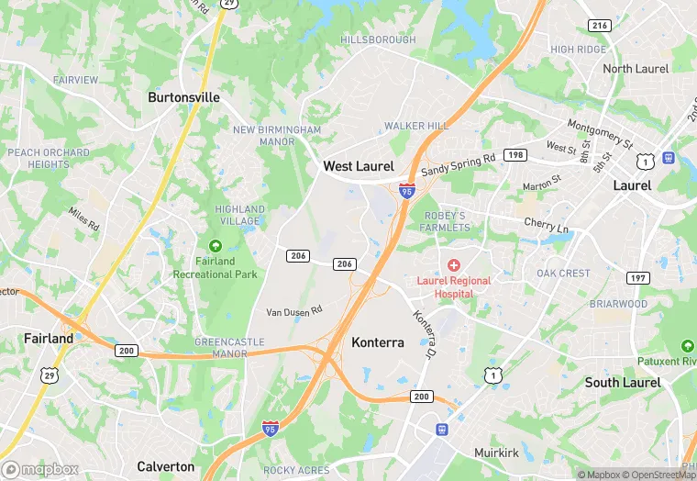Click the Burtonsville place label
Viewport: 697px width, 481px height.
tap(184, 96)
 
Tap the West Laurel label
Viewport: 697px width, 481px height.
tap(358, 166)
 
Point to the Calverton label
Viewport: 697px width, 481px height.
tap(165, 466)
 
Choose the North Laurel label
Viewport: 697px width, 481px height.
tap(636, 69)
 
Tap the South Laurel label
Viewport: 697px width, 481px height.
tap(623, 382)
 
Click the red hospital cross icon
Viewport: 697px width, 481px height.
tap(454, 264)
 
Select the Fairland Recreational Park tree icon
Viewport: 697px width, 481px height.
tap(215, 246)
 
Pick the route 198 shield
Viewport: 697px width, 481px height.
tap(515, 155)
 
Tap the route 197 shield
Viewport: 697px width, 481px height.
tap(637, 277)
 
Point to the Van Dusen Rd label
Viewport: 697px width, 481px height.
tap(294, 311)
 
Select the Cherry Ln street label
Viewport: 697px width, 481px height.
tap(546, 226)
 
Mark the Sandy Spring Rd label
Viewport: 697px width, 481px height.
tap(458, 165)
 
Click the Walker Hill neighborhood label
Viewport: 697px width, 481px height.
tap(416, 126)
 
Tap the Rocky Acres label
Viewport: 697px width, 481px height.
tap(296, 470)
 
